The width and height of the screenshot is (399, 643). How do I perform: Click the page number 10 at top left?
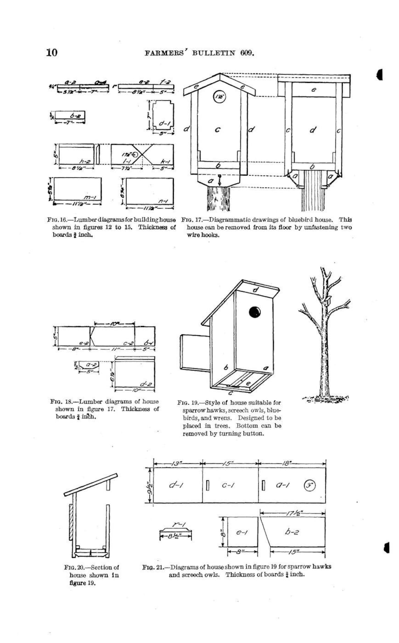tap(51, 52)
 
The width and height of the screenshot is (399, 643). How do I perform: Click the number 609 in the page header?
tap(246, 53)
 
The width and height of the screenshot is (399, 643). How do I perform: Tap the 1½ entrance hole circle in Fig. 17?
tap(219, 97)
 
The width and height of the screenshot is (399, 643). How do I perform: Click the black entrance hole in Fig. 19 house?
tap(254, 312)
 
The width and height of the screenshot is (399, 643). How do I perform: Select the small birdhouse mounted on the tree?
tap(328, 300)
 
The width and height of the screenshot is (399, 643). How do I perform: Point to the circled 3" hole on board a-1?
tap(309, 485)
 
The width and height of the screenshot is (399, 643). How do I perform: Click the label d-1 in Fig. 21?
tap(176, 485)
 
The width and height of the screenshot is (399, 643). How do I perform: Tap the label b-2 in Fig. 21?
tap(292, 532)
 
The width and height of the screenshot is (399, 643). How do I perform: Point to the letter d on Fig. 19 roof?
tap(256, 290)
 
